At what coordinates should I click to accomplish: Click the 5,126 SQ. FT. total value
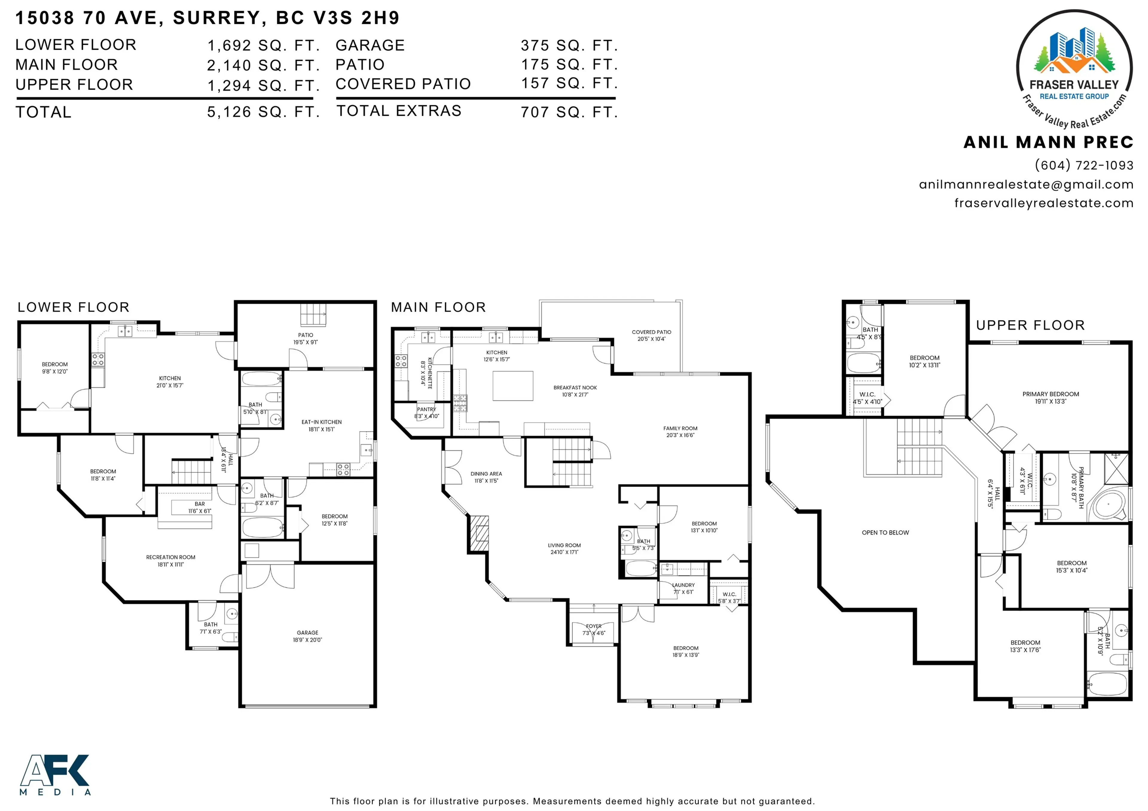pyautogui.click(x=263, y=112)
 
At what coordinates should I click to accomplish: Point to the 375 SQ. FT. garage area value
pyautogui.click(x=569, y=45)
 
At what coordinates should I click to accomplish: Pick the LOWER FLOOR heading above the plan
pyautogui.click(x=74, y=307)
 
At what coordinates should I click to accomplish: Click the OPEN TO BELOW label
pyautogui.click(x=885, y=533)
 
